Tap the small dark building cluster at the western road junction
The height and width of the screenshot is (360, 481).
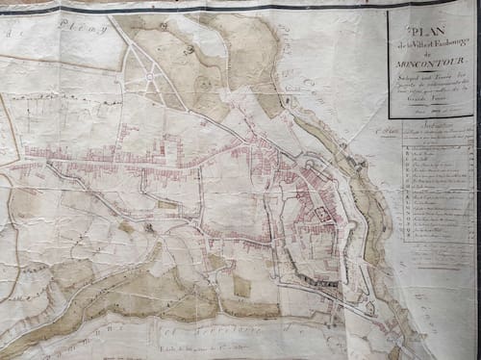[x=148, y=228]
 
